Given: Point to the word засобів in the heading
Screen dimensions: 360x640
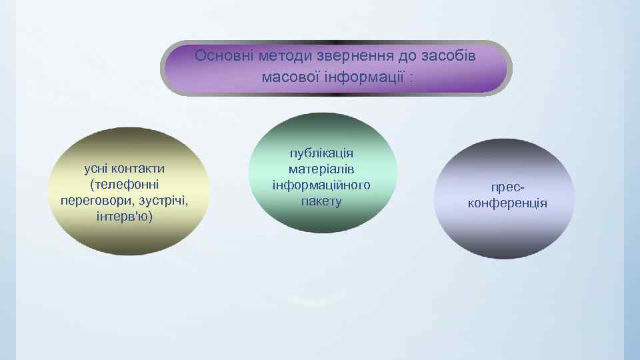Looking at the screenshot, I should [x=451, y=55].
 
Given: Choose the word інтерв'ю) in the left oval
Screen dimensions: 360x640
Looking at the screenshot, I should [x=124, y=217].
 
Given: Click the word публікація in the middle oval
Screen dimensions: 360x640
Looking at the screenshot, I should [x=321, y=153].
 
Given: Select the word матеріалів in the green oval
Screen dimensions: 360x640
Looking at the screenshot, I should [x=321, y=169].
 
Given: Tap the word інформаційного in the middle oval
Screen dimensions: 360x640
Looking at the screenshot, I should [x=321, y=185].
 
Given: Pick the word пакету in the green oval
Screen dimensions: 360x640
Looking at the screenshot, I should [x=321, y=201].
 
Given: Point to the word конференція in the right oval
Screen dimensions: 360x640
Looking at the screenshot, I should [x=507, y=203].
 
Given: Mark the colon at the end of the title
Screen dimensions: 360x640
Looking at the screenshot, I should [x=412, y=77].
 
